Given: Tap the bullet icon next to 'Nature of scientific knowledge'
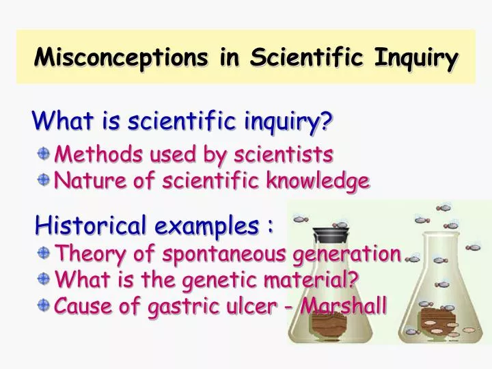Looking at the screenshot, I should [x=44, y=180].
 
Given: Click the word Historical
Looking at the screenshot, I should [x=83, y=225].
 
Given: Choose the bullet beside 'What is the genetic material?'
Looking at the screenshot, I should [x=44, y=279].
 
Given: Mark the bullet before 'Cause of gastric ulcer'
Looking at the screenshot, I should [x=44, y=305].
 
